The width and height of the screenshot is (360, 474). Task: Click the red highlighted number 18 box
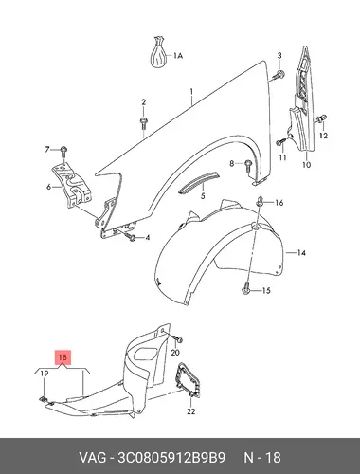click(x=63, y=357)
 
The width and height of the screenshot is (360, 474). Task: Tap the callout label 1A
click(x=178, y=56)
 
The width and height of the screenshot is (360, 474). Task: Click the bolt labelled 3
click(x=279, y=76)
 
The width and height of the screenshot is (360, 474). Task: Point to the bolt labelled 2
click(x=143, y=122)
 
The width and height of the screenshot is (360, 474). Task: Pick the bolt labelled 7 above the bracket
click(x=63, y=152)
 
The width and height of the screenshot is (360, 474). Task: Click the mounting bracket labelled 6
click(x=72, y=186)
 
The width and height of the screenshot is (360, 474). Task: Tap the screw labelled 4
click(x=130, y=236)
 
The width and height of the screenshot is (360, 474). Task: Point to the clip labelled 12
click(x=321, y=119)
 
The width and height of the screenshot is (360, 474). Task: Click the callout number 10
click(x=307, y=165)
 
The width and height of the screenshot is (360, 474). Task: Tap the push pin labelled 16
click(x=261, y=201)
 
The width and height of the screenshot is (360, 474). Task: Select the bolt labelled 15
click(x=246, y=289)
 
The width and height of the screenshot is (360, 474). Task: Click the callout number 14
click(x=301, y=253)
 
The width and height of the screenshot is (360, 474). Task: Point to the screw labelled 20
click(x=178, y=339)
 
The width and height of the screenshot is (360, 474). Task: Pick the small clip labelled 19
click(x=43, y=399)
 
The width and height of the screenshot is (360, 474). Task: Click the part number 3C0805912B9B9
click(x=171, y=457)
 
